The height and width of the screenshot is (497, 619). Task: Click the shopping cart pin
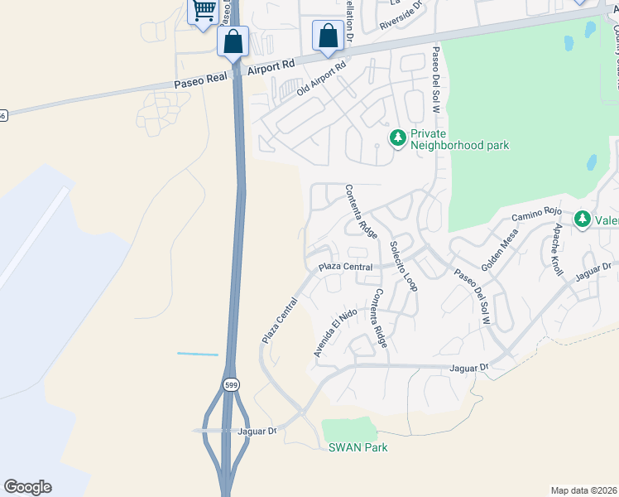(203, 12)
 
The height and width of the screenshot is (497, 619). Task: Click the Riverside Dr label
(401, 16)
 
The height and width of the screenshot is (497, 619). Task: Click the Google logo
(27, 487)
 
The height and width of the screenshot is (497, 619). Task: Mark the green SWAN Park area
(348, 429)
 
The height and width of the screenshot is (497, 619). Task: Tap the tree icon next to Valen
(583, 219)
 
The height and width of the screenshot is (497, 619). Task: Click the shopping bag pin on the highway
(233, 41)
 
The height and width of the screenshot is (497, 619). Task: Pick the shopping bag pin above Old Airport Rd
(329, 36)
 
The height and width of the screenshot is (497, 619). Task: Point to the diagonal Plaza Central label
(280, 321)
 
